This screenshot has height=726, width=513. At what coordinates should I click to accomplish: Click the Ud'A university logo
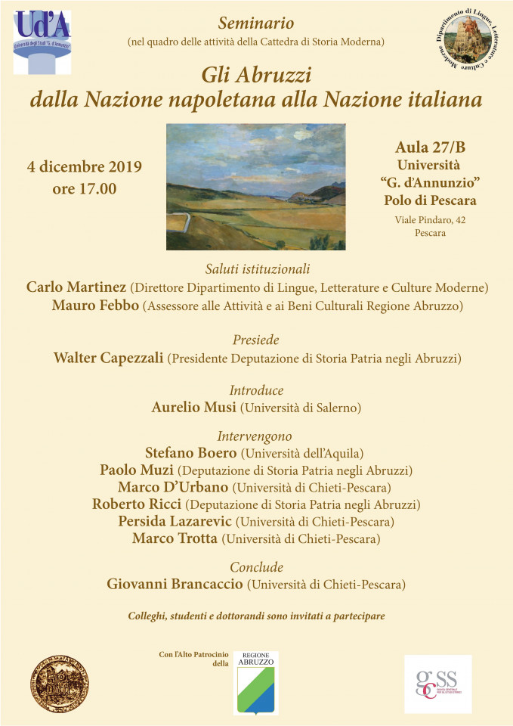tap(42, 42)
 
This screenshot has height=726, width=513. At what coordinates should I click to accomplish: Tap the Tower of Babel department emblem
tap(469, 40)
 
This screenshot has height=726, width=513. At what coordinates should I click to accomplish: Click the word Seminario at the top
tap(255, 23)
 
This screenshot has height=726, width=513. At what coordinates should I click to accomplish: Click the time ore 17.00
tap(85, 189)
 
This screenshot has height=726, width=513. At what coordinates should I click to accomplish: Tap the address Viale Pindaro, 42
tap(430, 219)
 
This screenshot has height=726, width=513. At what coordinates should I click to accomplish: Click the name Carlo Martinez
tap(76, 287)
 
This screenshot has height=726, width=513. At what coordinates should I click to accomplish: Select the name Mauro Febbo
tap(96, 306)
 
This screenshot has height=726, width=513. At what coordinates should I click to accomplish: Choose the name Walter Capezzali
tap(109, 358)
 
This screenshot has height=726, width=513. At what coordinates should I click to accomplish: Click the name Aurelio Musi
tap(194, 408)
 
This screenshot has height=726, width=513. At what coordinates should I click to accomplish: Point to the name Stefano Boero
tap(190, 454)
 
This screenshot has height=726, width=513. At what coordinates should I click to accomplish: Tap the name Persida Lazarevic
tap(176, 521)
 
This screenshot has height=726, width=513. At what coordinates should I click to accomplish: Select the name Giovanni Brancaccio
tap(176, 584)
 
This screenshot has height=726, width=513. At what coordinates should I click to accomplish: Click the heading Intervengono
tap(255, 436)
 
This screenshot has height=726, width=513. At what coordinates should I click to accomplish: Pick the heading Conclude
tap(256, 566)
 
